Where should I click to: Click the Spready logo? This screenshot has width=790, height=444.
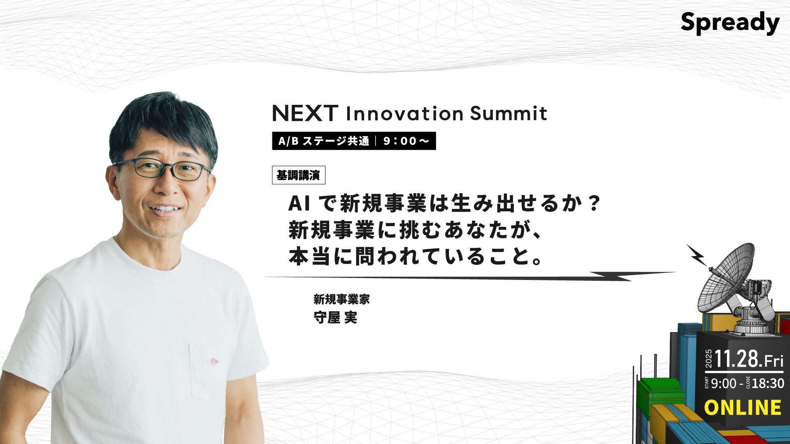point(730,23)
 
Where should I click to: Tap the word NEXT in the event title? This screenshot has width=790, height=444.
point(305,113)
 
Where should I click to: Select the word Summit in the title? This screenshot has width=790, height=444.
point(509,113)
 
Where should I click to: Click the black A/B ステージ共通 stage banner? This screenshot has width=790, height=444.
point(354,141)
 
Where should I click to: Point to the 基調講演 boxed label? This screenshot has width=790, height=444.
point(298,176)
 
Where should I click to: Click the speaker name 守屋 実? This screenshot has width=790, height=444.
point(335,318)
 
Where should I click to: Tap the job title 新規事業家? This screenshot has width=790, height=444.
point(342,299)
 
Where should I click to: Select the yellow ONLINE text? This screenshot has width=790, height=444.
point(743,407)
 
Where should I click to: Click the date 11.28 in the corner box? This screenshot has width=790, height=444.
point(737,359)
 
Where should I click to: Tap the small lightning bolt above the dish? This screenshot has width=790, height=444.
point(697,255)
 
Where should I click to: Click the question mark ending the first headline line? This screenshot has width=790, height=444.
point(593,203)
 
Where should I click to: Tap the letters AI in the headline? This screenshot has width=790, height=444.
point(299,203)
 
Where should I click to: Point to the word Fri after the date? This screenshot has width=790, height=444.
point(774,361)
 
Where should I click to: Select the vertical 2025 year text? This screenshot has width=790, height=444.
point(709,358)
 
